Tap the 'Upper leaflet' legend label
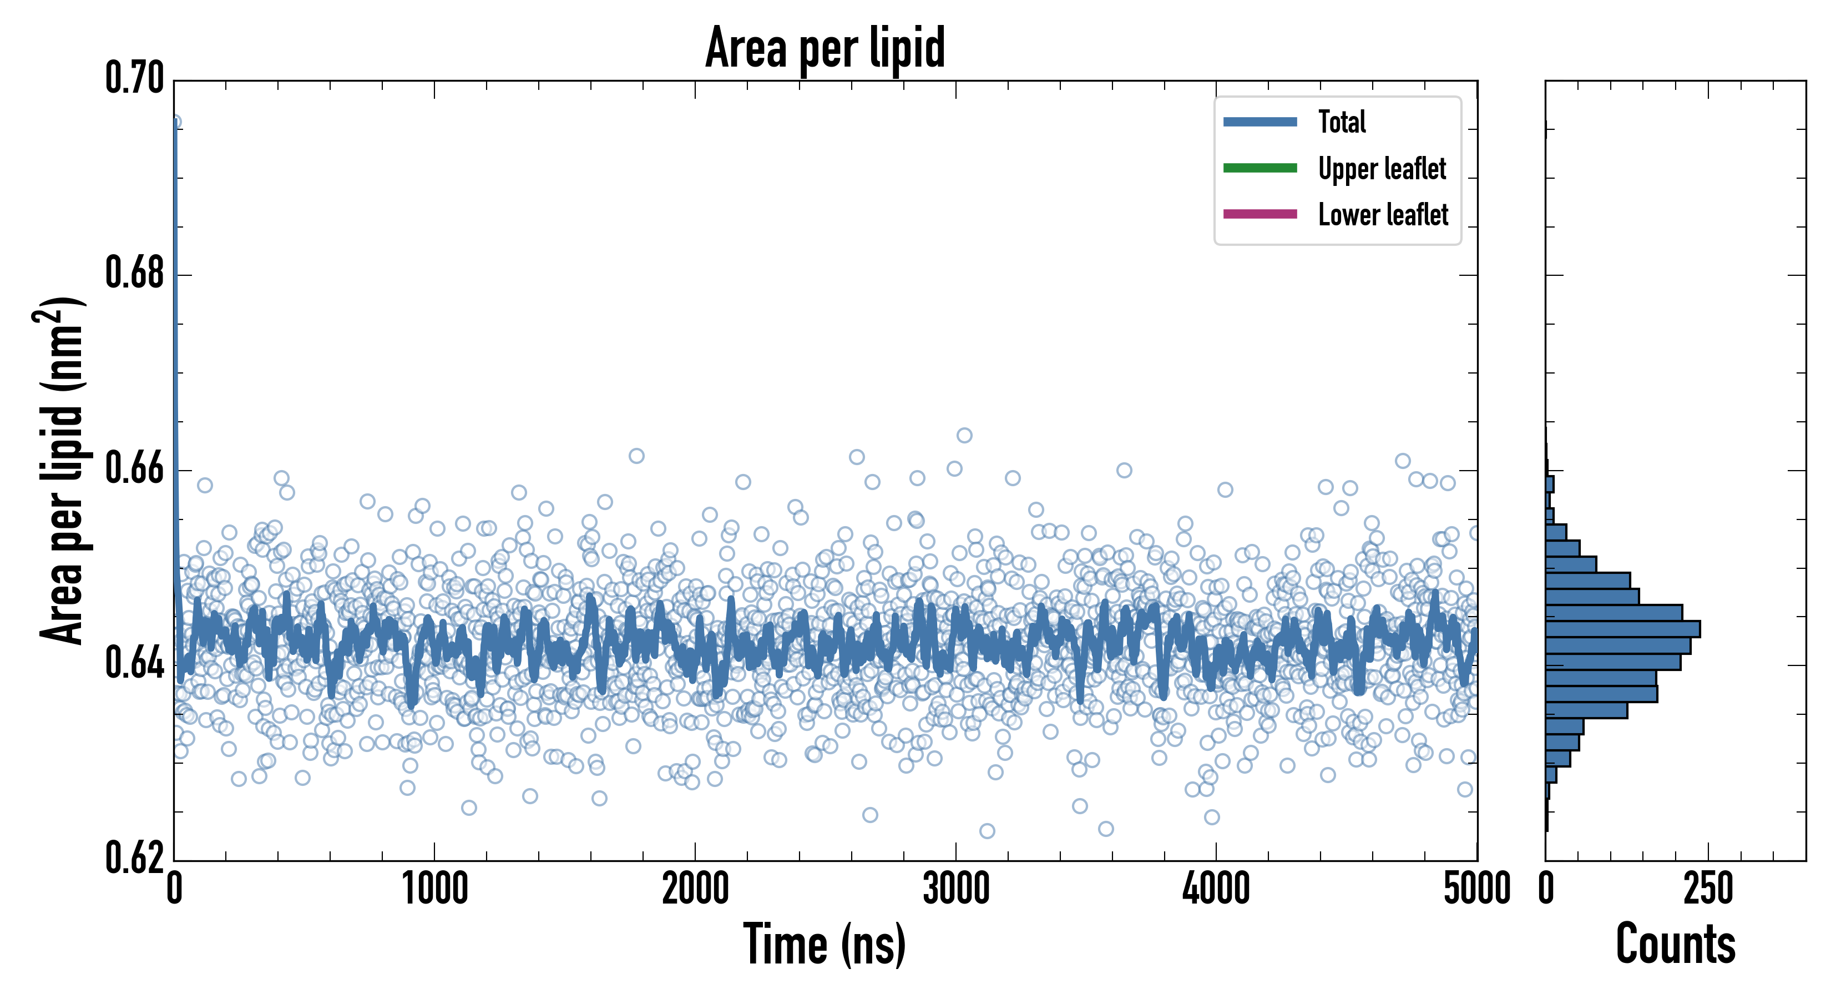tap(1381, 169)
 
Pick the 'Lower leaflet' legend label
tap(1383, 214)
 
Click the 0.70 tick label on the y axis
tap(134, 78)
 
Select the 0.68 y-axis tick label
tap(134, 273)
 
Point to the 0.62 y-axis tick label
tap(134, 858)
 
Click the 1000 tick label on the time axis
tap(434, 889)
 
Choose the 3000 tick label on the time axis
tap(955, 889)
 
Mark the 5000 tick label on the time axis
tap(1476, 889)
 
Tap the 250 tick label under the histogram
tap(1707, 889)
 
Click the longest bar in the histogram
tap(1623, 629)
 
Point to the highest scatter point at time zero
tap(175, 122)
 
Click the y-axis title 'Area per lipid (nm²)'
tap(60, 470)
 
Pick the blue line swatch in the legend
tap(1260, 122)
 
